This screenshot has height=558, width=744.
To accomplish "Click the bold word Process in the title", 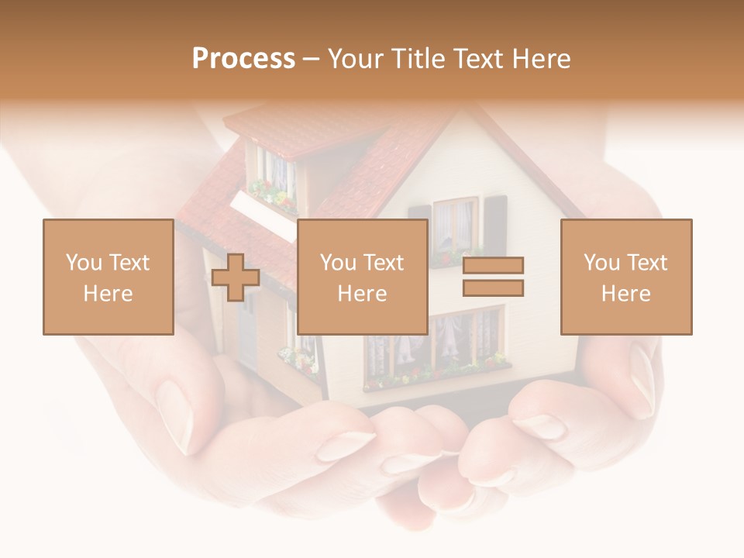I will click(x=243, y=59).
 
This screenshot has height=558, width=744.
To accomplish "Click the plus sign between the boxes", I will click(x=236, y=278).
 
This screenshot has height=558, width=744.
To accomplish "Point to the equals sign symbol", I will click(x=493, y=277).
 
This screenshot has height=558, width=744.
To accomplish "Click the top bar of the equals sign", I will click(x=493, y=266).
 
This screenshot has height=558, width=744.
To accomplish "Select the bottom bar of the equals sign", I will click(x=493, y=288).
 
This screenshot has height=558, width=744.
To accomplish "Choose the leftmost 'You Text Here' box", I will click(x=108, y=277).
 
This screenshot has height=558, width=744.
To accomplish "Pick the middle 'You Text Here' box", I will click(x=363, y=277).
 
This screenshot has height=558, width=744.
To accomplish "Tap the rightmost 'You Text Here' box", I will click(x=626, y=277).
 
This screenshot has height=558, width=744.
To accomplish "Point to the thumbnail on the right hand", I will click(x=642, y=380).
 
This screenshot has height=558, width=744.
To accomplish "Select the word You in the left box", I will click(x=83, y=263).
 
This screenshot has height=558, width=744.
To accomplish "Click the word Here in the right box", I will click(x=626, y=294).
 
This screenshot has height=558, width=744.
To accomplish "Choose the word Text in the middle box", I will click(x=384, y=263).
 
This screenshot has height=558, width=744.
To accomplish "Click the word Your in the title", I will click(x=356, y=59).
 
